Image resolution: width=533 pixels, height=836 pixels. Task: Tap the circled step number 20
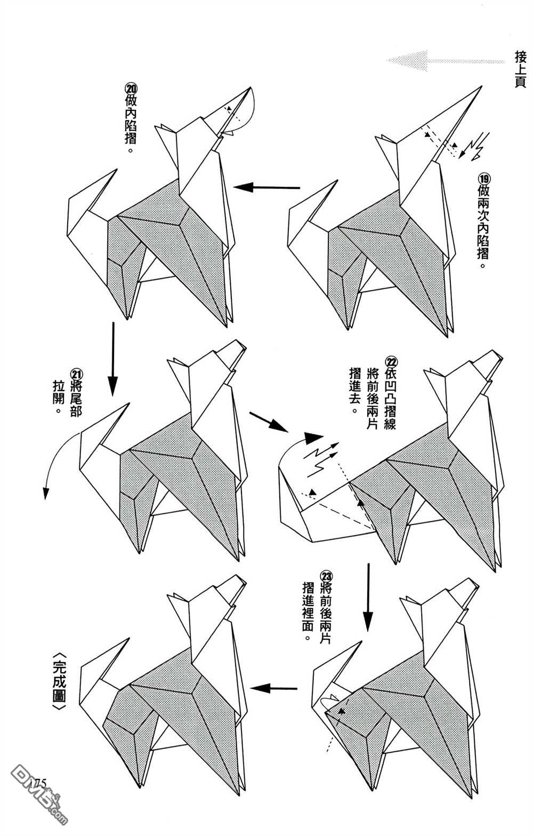point(131,87)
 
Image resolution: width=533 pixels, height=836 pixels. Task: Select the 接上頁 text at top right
point(520,69)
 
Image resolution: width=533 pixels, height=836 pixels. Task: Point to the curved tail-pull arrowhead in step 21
point(46,493)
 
